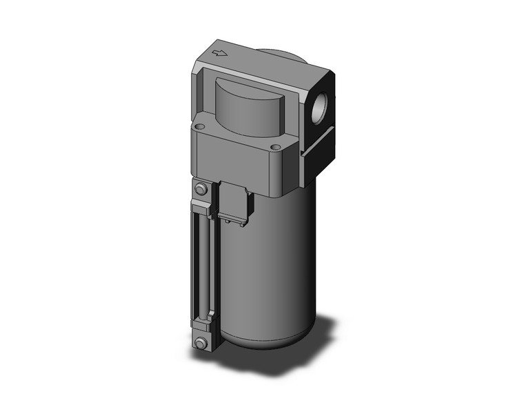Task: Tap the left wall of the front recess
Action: coord(205,97)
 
